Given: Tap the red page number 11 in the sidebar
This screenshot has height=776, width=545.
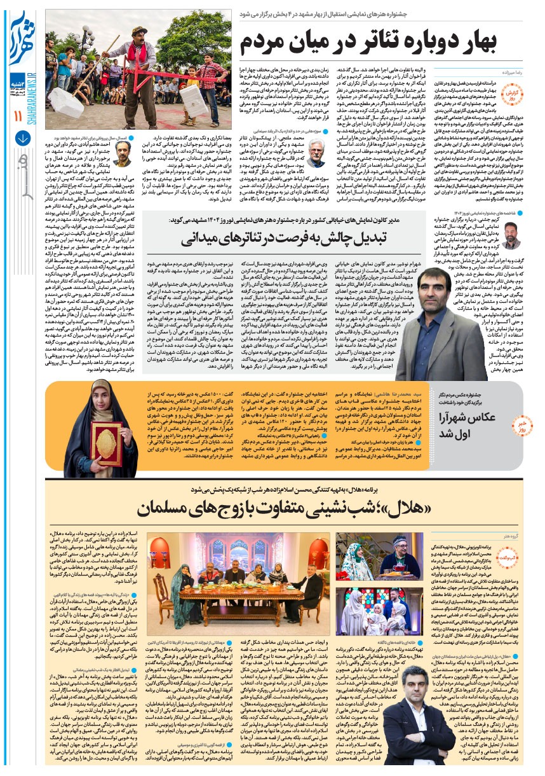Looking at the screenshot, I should [x=17, y=116].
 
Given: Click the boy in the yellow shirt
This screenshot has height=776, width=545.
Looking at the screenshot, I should [x=192, y=89].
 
